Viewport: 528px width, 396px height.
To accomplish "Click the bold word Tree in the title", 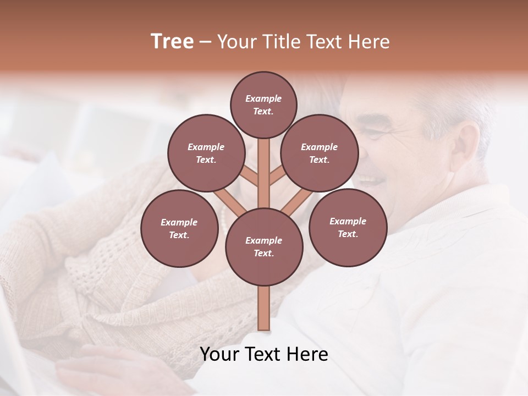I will (172, 41).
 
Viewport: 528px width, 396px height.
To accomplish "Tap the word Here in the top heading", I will (370, 42).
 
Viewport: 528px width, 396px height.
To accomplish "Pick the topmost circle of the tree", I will (263, 105).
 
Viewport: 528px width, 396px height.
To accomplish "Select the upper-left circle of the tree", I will (206, 153).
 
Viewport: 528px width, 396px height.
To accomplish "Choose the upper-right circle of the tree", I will (320, 153).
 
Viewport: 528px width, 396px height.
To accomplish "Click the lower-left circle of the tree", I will (179, 228).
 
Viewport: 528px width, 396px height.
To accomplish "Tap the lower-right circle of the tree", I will (348, 227).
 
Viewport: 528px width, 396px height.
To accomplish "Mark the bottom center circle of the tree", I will (264, 246).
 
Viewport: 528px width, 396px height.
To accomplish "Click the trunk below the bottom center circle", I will (264, 308).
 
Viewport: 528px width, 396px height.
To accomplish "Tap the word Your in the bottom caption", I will (219, 354).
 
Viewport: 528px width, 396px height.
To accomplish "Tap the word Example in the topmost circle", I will (263, 99).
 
